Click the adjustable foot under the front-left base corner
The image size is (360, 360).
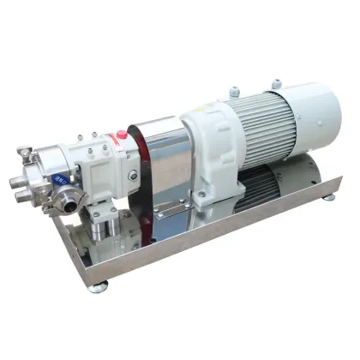pyautogui.click(x=97, y=286)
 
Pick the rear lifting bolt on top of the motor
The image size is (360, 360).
pyautogui.click(x=277, y=83)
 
